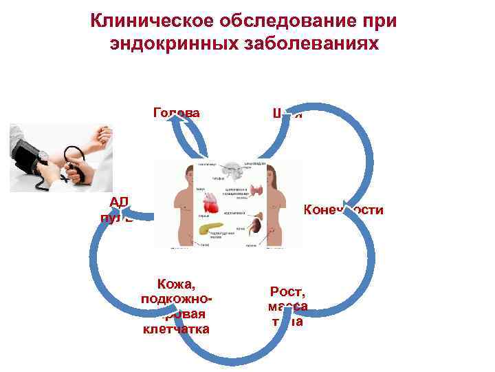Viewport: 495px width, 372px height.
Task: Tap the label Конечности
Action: click(x=343, y=209)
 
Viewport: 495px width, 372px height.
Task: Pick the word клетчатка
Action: click(x=176, y=329)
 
